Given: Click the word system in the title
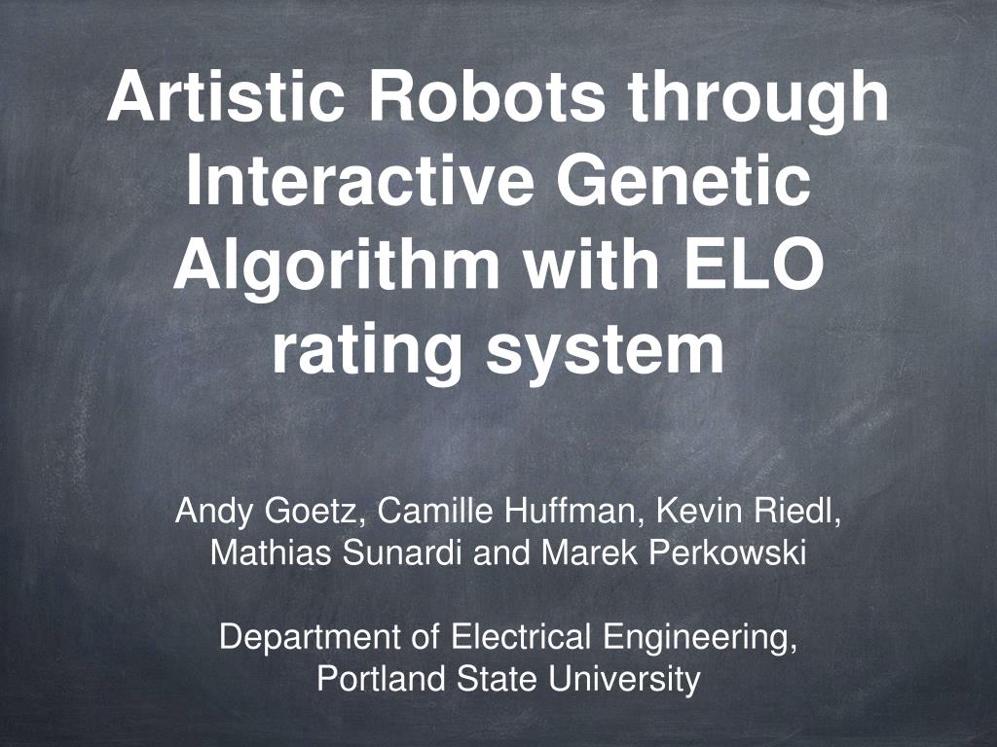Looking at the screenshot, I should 607,353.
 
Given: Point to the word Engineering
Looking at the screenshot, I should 699,640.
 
